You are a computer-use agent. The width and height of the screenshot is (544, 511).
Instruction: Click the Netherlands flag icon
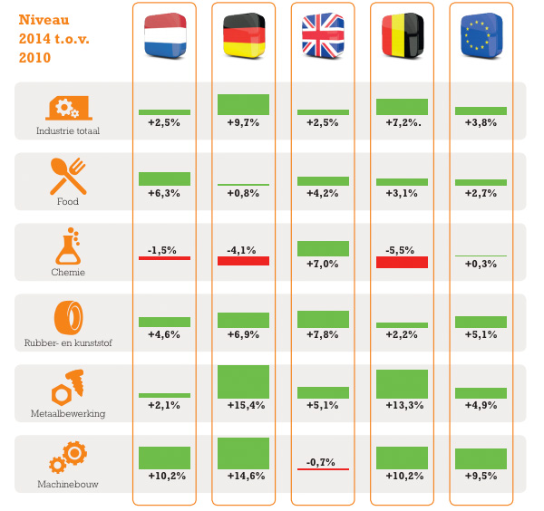pyautogui.click(x=164, y=35)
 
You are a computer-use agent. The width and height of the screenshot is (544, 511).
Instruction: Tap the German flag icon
pyautogui.click(x=244, y=35)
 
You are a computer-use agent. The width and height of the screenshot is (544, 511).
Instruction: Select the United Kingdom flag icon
pyautogui.click(x=323, y=35)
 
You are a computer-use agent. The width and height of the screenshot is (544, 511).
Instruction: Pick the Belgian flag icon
pyautogui.click(x=402, y=35)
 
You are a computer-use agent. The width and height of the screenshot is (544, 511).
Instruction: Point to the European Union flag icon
pyautogui.click(x=481, y=35)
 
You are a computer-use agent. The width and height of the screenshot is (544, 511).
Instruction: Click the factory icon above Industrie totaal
pyautogui.click(x=68, y=108)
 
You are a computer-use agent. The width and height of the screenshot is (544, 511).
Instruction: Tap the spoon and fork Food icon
pyautogui.click(x=68, y=177)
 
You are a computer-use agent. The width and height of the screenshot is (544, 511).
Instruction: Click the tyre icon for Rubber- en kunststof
pyautogui.click(x=68, y=318)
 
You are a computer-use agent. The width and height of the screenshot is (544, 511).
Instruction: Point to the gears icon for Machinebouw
pyautogui.click(x=68, y=458)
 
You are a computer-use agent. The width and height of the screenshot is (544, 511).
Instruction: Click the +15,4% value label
pyautogui.click(x=244, y=405)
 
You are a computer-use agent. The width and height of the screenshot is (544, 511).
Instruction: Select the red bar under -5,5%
pyautogui.click(x=402, y=262)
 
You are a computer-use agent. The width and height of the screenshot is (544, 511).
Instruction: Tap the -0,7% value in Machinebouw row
pyautogui.click(x=323, y=461)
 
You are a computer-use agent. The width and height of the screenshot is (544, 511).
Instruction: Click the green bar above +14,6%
pyautogui.click(x=244, y=453)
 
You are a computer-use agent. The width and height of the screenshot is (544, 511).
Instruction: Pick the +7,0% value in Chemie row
pyautogui.click(x=323, y=264)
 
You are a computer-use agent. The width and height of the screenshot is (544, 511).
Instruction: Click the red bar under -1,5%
pyautogui.click(x=164, y=258)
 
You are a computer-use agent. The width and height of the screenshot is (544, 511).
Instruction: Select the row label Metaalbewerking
pyautogui.click(x=68, y=413)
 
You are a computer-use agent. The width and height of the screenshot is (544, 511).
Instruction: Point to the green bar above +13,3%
pyautogui.click(x=402, y=384)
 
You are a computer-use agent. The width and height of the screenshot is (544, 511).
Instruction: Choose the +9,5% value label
pyautogui.click(x=481, y=476)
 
